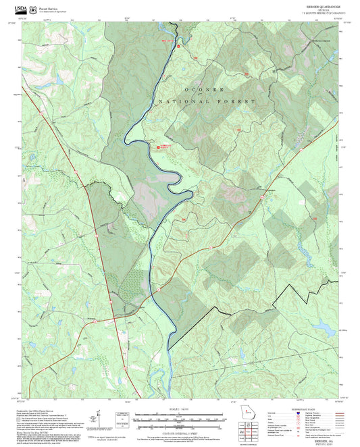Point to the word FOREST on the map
[x=236, y=101]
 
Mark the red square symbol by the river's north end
[x=178, y=47]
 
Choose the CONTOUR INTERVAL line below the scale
[x=180, y=430]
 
